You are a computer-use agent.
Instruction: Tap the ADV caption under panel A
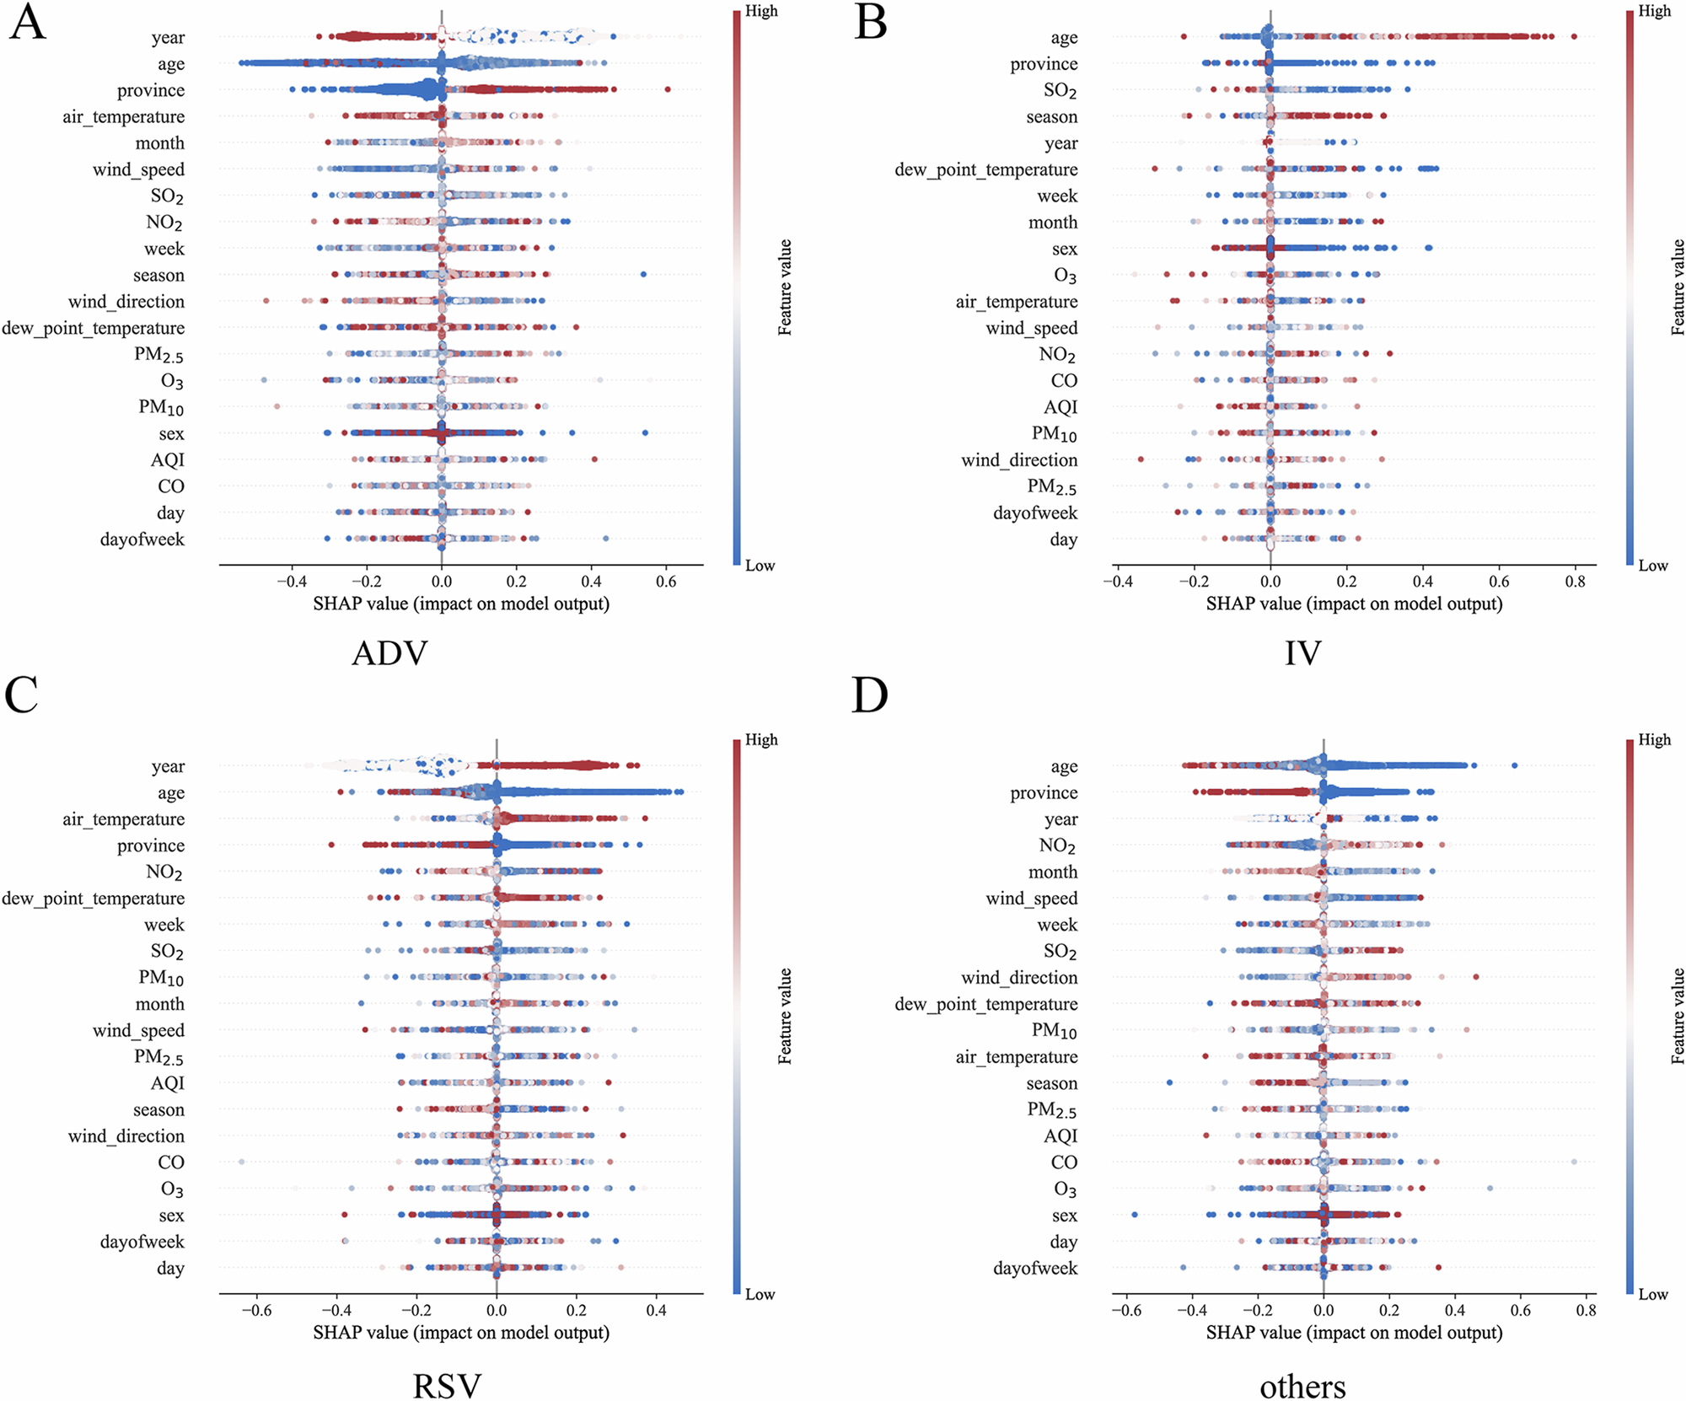389,653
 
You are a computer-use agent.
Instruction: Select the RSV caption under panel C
447,1386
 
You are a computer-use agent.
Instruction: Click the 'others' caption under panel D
1302,1386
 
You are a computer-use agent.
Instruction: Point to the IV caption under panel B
1302,653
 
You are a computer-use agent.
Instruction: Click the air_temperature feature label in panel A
123,116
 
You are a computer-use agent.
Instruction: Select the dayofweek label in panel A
142,539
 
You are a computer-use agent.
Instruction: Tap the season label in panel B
1051,116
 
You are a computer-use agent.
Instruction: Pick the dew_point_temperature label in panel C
93,898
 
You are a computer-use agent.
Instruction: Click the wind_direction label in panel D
1019,977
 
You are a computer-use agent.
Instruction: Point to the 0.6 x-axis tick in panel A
666,582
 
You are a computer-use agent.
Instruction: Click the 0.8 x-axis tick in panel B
1575,582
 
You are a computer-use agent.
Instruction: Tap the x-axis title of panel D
1354,1332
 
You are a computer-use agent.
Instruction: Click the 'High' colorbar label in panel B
1654,11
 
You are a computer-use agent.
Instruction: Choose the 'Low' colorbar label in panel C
760,1294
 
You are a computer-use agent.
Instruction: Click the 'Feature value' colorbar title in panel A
785,287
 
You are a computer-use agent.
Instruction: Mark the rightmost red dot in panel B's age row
1574,36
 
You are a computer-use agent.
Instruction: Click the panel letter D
870,695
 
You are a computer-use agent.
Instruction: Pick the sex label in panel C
171,1215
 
